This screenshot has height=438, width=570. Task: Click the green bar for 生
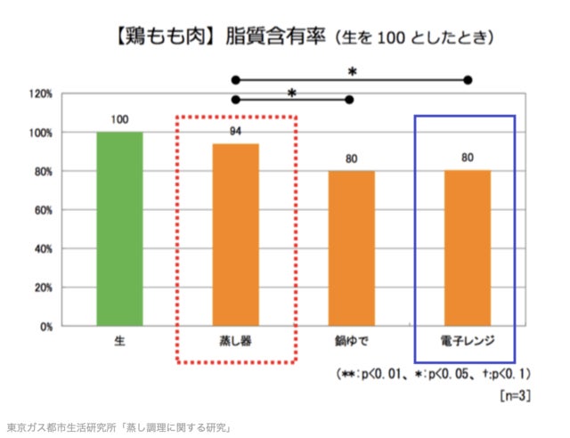point(119,229)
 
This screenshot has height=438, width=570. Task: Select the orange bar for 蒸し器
point(236,235)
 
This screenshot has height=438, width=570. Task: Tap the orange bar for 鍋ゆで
point(352,248)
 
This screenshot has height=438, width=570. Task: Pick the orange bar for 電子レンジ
point(468,248)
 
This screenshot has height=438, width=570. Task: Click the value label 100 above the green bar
point(119,119)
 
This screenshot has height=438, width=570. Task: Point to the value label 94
point(236,132)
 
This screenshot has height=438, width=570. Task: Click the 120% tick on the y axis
point(41,93)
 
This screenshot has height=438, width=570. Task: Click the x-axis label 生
point(119,342)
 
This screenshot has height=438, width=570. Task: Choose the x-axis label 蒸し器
point(236,342)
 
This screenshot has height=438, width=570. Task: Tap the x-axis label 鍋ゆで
point(352,342)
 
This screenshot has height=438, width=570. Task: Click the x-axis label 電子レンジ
point(468,342)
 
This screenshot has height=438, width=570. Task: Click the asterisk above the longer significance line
point(351,70)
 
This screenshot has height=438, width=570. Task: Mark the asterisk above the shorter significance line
point(291,92)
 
